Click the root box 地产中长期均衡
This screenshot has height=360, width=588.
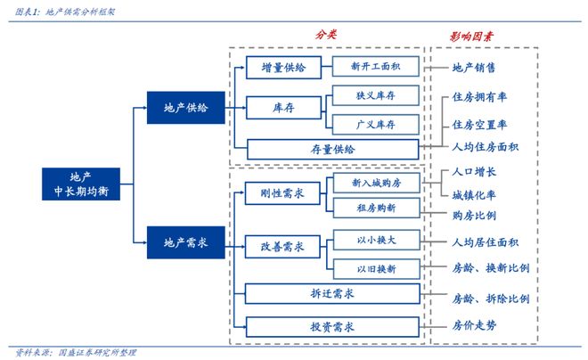pos(79,184)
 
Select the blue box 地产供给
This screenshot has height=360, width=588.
pos(185,108)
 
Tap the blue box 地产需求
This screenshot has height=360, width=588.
pos(185,242)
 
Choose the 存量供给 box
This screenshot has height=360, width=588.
pos(331,150)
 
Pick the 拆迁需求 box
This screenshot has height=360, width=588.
pos(331,294)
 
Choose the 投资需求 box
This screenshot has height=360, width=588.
pos(331,325)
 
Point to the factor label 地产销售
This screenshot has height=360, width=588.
pos(475,68)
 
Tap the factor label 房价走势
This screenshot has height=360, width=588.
pos(475,326)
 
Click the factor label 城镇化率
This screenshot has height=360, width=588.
pos(475,193)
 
